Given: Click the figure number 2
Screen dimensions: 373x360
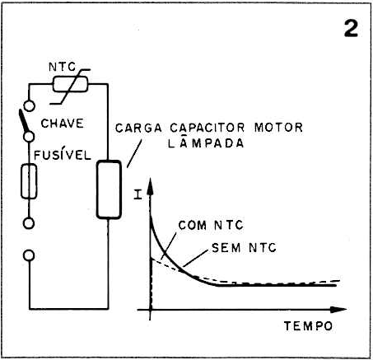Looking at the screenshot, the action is coord(351,29).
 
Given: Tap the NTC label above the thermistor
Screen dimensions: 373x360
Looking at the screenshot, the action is coord(63,67).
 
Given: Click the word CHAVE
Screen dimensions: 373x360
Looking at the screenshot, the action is coord(62,124).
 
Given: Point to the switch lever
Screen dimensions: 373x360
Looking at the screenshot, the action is coord(24,121).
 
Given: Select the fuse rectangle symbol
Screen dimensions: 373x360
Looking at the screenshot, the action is coord(29,181).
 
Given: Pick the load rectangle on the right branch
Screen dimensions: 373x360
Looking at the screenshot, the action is coord(109,189).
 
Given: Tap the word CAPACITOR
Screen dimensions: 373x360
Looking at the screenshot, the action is coord(207,128).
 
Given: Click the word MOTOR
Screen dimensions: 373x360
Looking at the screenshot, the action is coord(278,128).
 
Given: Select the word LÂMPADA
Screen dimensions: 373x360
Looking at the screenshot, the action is coord(206,143).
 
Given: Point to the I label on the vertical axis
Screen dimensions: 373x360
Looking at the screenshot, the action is coord(138,194).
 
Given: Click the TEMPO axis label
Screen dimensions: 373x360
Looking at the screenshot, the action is coord(308,326).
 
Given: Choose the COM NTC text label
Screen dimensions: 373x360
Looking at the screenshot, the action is coord(211,225).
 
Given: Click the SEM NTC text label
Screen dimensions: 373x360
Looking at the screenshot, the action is coord(244,248).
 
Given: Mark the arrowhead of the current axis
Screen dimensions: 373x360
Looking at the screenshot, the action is coord(150,187).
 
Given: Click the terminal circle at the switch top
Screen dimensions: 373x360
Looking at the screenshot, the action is coord(29,105).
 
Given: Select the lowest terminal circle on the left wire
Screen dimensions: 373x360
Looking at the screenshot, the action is coord(29,255).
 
